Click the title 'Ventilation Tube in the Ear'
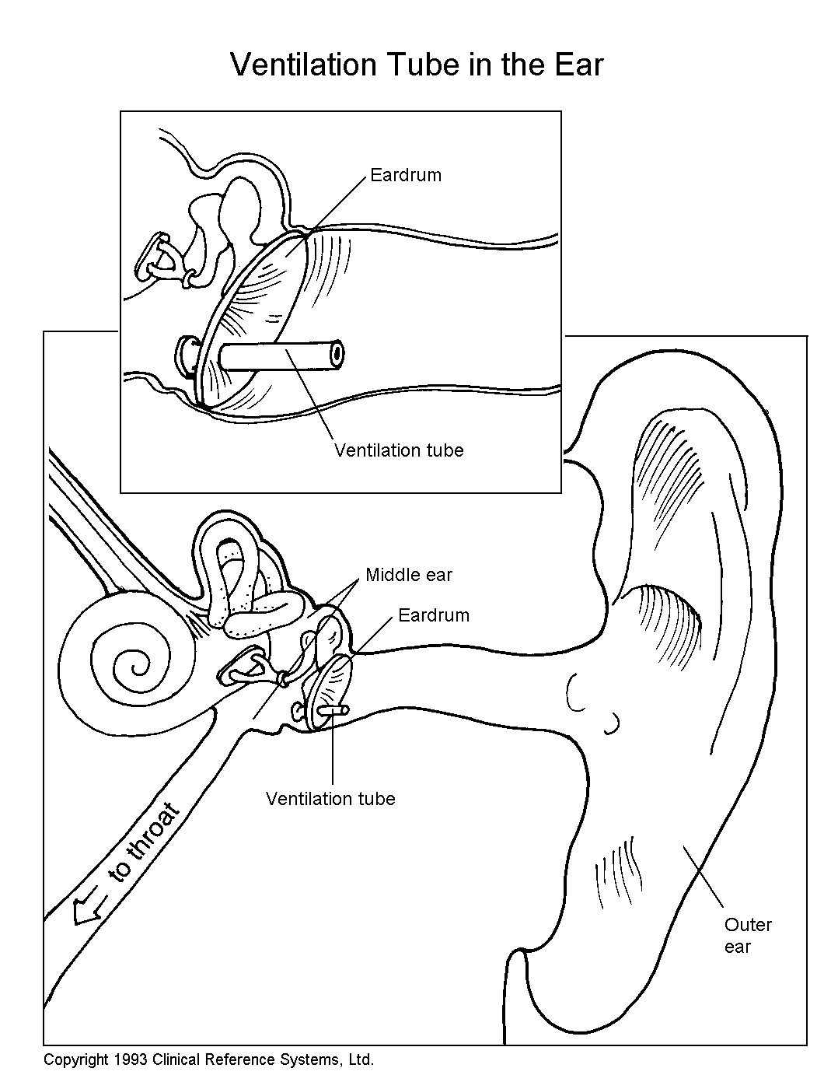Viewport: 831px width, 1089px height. click(417, 65)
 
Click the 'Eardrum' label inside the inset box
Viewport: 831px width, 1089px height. click(405, 175)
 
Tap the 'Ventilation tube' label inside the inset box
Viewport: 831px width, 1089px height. click(399, 450)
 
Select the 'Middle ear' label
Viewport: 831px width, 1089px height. click(409, 576)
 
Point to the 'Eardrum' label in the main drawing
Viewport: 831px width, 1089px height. click(434, 615)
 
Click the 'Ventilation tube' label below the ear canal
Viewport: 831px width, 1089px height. click(330, 799)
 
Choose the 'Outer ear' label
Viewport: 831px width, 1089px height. click(747, 936)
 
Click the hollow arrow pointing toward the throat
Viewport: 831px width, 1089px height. click(88, 907)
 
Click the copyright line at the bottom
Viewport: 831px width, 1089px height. click(208, 1059)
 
